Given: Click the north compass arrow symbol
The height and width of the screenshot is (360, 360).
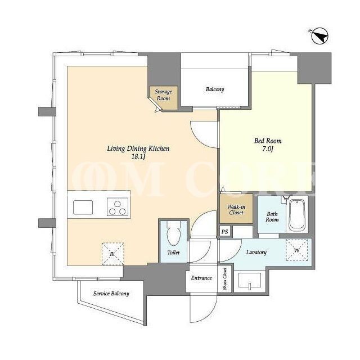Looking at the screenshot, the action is [319, 36].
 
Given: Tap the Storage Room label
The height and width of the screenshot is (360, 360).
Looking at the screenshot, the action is [163, 95].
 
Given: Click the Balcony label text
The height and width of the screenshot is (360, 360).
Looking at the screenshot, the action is [215, 89].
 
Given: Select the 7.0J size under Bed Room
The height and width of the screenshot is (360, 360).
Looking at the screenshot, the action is [268, 149].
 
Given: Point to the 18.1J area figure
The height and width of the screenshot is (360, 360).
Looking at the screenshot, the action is [138, 157].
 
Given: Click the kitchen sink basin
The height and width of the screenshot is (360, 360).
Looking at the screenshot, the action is [83, 208].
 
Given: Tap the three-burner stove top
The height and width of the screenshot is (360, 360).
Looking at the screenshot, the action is [118, 208].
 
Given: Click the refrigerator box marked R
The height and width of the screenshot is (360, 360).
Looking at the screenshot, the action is [112, 254].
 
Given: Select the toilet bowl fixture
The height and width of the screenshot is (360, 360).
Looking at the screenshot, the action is [174, 234].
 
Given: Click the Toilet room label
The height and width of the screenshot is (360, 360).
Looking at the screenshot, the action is [173, 253].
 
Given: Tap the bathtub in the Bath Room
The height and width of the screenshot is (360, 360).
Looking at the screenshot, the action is [297, 215].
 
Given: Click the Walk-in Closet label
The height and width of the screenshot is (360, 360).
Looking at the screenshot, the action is [236, 209].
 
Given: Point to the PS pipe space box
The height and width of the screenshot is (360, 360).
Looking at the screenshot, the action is [225, 231].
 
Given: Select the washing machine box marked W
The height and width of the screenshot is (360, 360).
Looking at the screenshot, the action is [296, 250].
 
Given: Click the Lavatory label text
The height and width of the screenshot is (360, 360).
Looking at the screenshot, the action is [256, 253].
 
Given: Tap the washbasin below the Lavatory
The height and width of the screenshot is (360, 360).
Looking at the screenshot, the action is [250, 280].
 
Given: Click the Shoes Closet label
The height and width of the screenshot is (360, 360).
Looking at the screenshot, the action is [224, 278].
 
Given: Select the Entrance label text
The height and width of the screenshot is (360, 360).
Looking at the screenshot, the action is [201, 278].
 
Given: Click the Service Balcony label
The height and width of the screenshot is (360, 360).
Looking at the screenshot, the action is [111, 294].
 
